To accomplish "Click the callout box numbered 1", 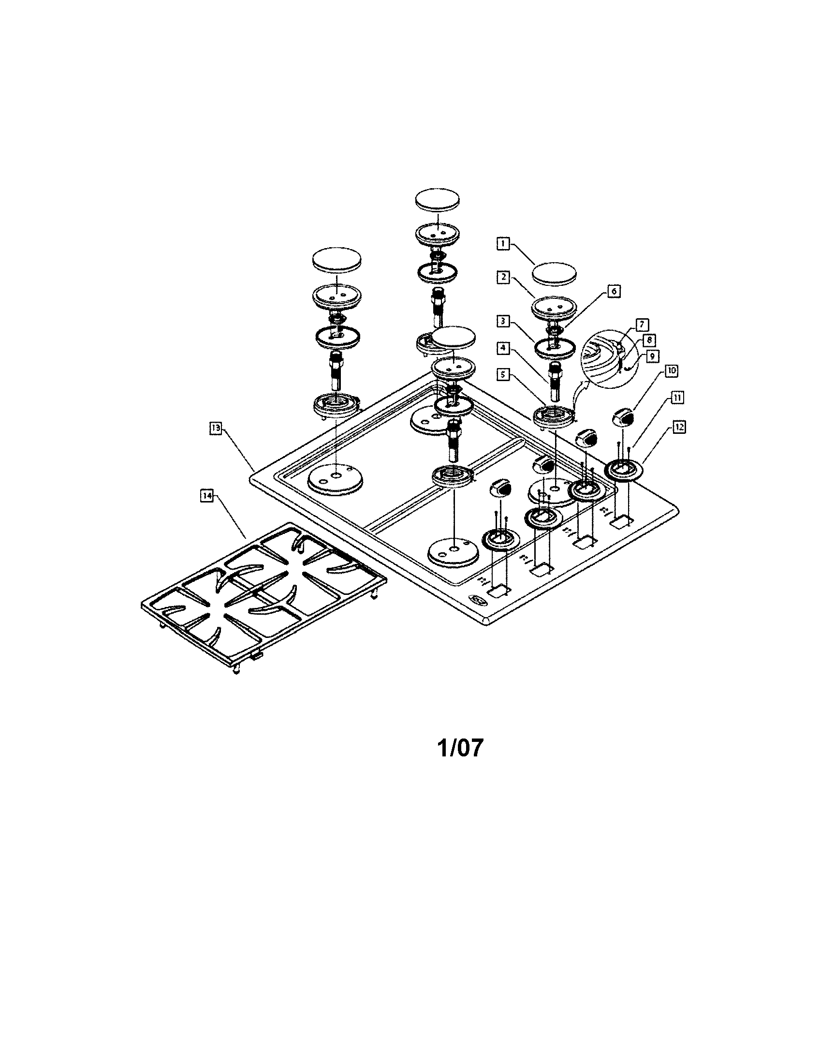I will click(503, 243).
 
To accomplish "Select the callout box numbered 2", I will click(503, 277).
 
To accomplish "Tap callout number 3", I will click(503, 321).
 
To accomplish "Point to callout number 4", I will click(503, 348).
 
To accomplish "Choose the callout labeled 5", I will click(503, 375).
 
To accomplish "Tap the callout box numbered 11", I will click(677, 398).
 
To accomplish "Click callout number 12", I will click(679, 427).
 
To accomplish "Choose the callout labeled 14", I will click(207, 495).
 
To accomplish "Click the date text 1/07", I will click(460, 748).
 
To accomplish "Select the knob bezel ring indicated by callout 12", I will click(624, 471).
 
